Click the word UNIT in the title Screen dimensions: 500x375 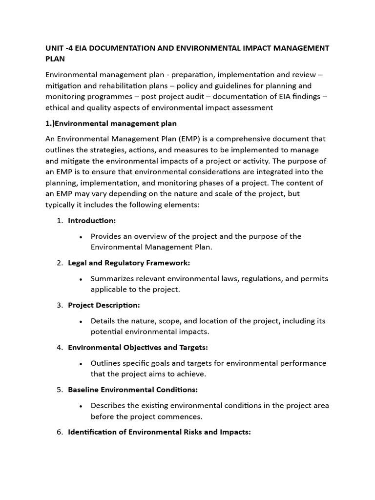coord(55,48)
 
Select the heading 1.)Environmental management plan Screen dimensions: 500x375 coord(111,123)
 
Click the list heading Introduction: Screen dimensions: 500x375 coord(92,221)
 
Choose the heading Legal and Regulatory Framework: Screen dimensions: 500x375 coord(129,263)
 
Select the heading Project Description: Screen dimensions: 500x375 coord(104,305)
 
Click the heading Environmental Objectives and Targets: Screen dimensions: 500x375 coord(138,348)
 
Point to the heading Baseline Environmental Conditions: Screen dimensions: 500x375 coord(133,390)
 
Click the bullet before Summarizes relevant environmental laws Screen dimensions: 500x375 coord(80,279)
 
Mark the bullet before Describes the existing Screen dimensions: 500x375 coord(80,406)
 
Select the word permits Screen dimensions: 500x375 coord(313,278)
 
